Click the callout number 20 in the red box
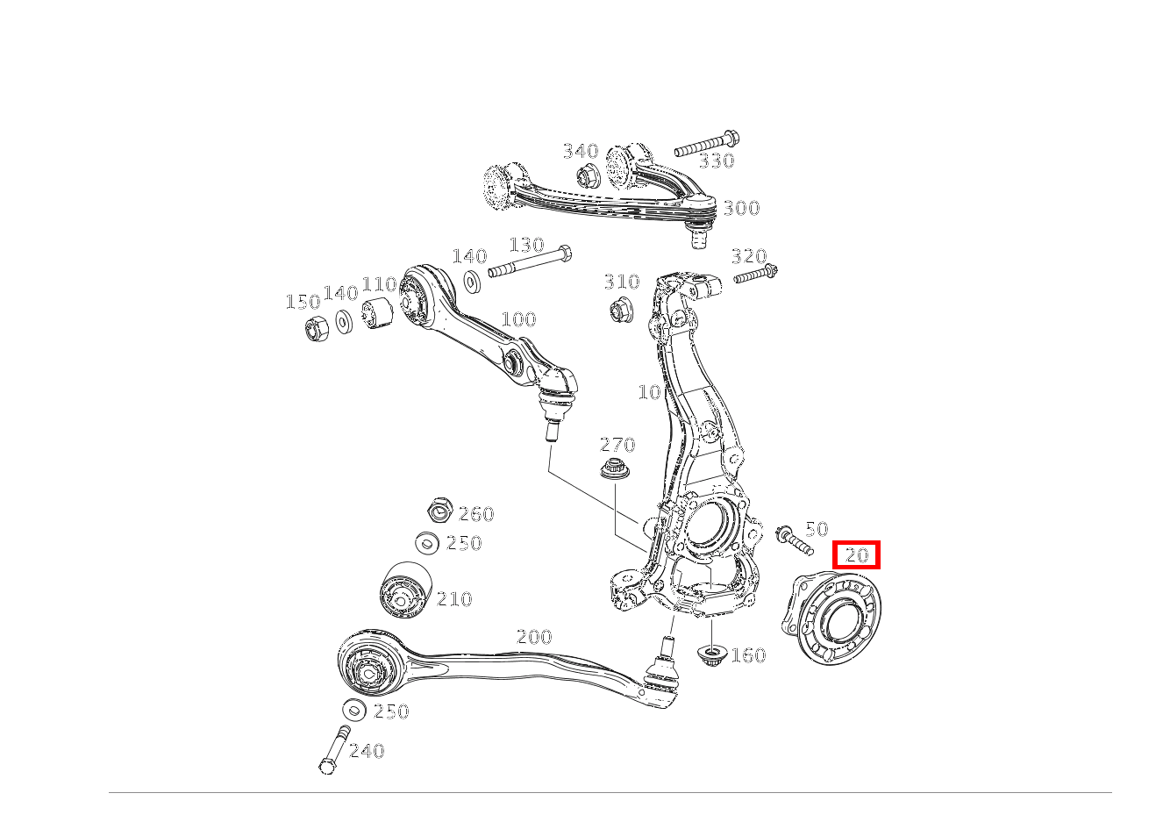click(x=857, y=555)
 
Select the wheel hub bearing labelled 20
click(x=831, y=618)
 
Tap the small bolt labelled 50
click(x=795, y=541)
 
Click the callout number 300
click(x=741, y=208)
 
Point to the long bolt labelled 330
click(x=707, y=145)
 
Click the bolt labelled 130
click(x=530, y=263)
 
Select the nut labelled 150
click(x=316, y=328)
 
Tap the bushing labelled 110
click(x=377, y=313)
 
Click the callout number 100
click(x=519, y=318)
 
